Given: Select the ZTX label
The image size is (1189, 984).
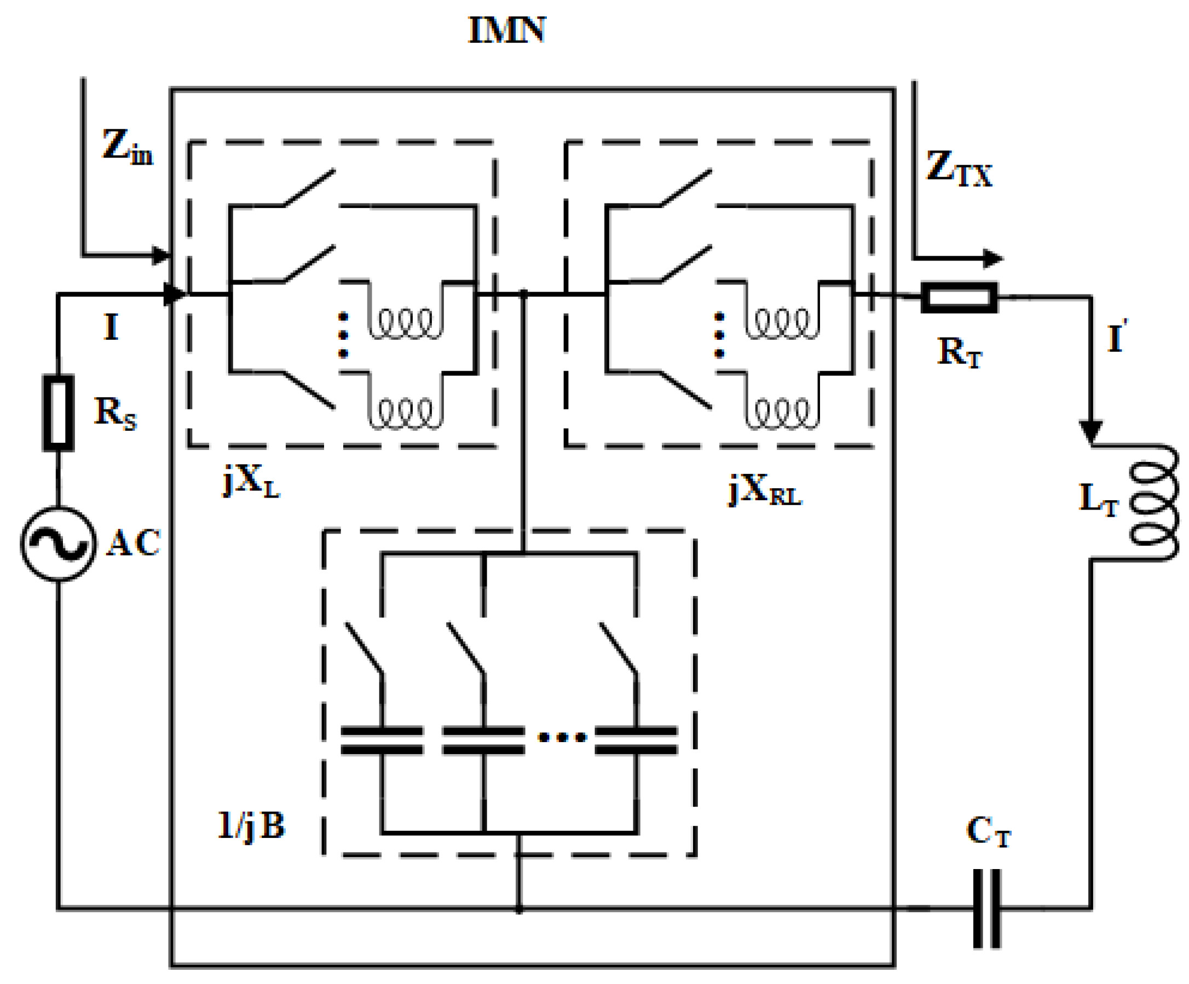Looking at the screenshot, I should coord(959,169).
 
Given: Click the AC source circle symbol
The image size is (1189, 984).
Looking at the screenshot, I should coord(59,543).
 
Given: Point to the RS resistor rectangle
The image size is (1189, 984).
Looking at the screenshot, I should coord(59,413).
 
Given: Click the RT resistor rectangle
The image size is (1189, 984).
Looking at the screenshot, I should coord(959,297).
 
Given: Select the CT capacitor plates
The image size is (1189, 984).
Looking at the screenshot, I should coord(987,908).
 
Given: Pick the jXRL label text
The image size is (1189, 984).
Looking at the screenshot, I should coord(765,490).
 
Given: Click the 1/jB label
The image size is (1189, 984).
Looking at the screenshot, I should coord(251,826).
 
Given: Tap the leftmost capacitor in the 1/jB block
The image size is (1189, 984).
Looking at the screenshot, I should coord(382,740).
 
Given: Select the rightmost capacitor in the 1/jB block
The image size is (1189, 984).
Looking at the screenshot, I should coord(637,740).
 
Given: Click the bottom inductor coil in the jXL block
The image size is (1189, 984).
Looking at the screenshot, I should coord(406,413).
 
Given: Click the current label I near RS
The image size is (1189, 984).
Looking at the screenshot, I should coord(111,327).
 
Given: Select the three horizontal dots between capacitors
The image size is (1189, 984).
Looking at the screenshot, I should coord(562,737).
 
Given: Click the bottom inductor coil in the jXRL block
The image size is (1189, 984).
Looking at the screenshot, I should coord(782,413).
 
